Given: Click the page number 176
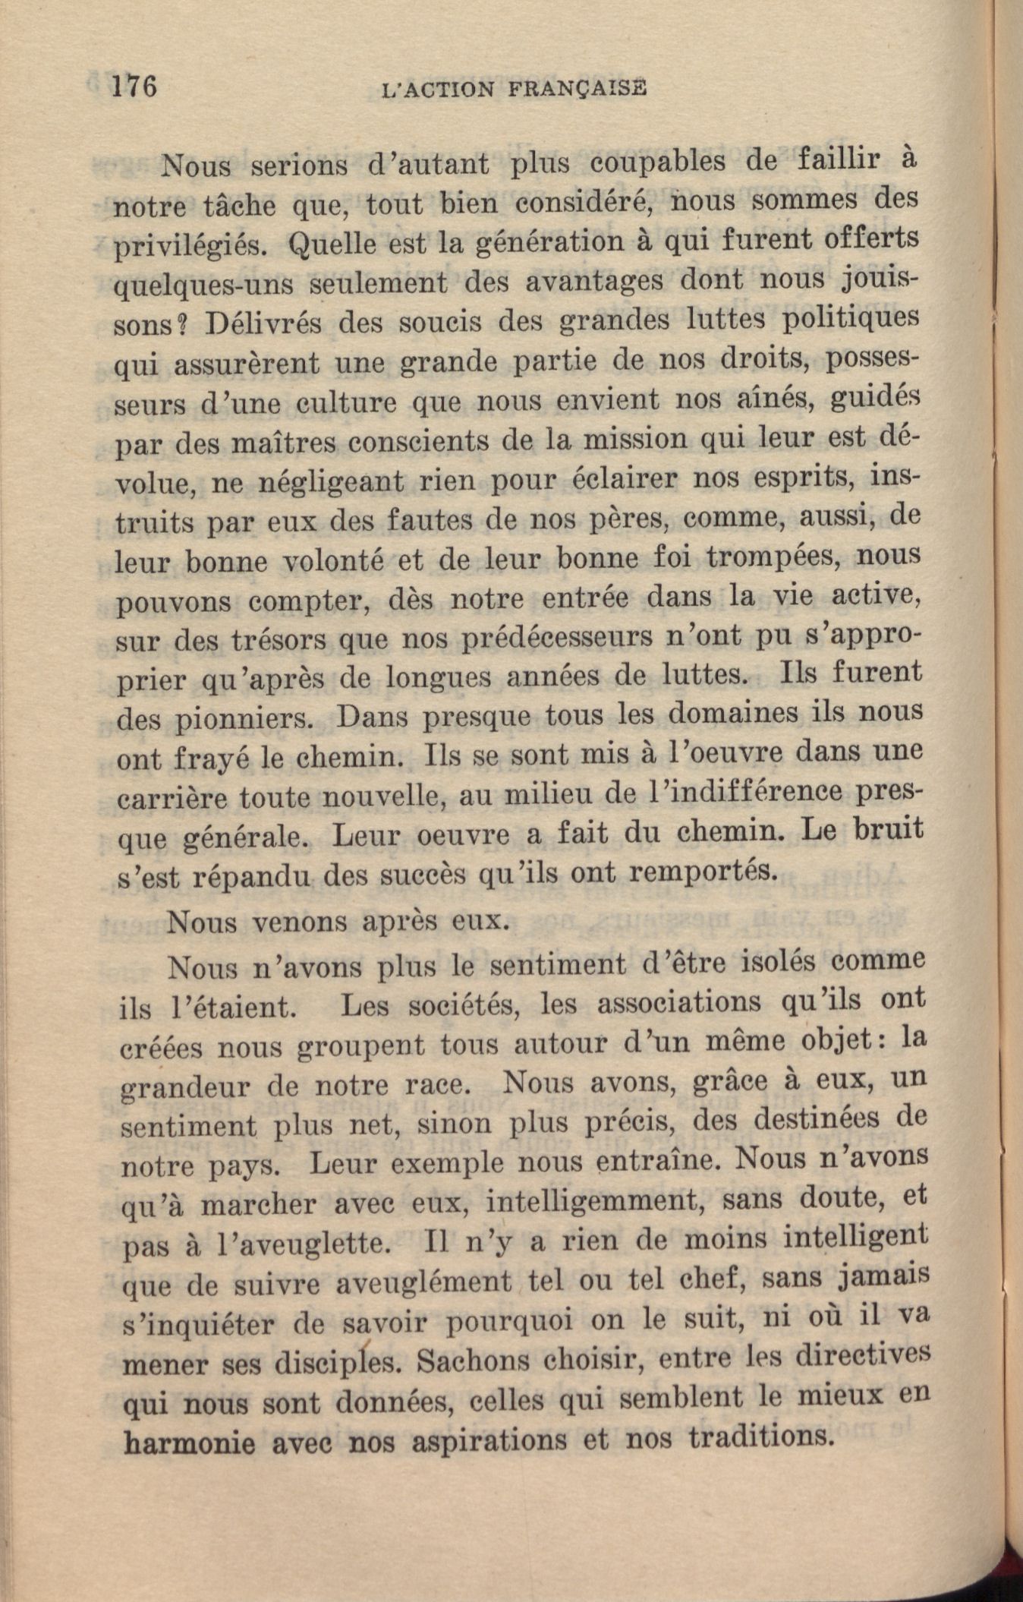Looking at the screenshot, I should tap(134, 86).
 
